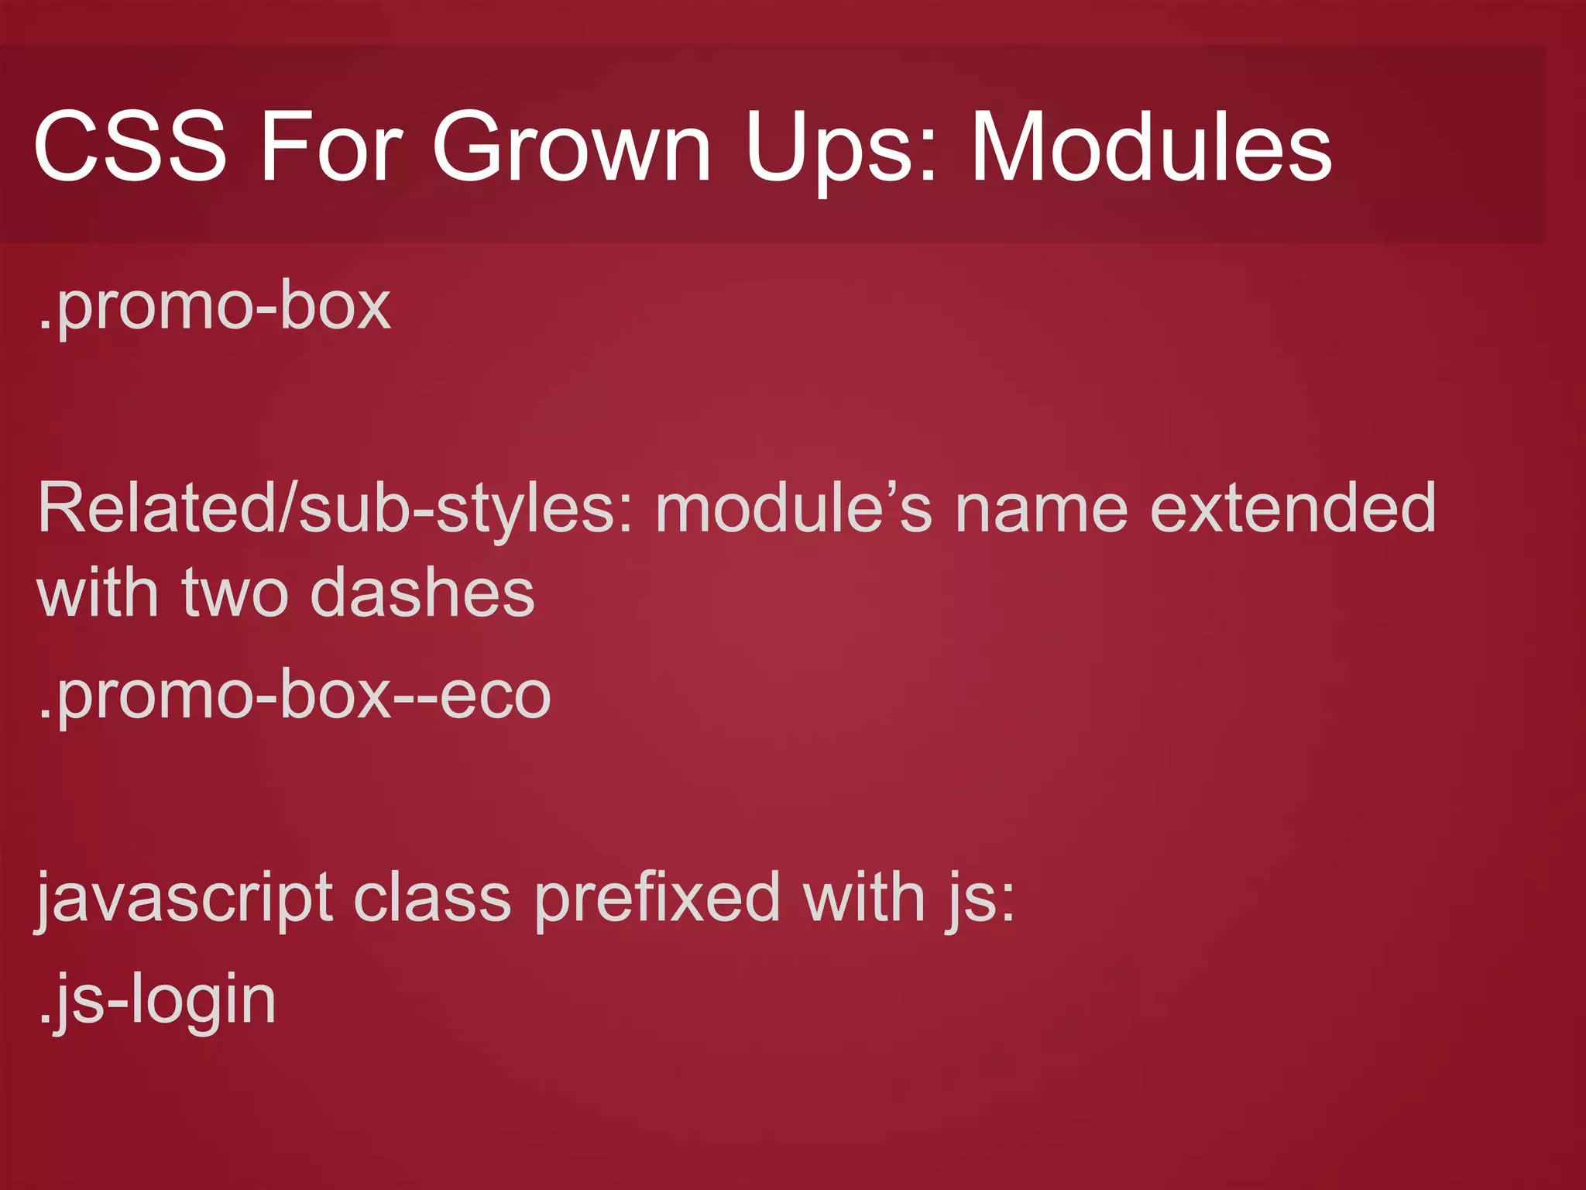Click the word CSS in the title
pos(130,146)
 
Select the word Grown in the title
pos(571,146)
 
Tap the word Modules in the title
pos(1151,146)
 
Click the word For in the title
pos(331,146)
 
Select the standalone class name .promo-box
pos(215,308)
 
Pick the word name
pos(1042,510)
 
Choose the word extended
pos(1293,508)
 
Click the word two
pos(235,593)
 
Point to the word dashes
pos(422,593)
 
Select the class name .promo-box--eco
pos(294,696)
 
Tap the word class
pos(432,899)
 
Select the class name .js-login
pos(157,1001)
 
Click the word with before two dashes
pos(98,593)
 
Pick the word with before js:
pos(863,899)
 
